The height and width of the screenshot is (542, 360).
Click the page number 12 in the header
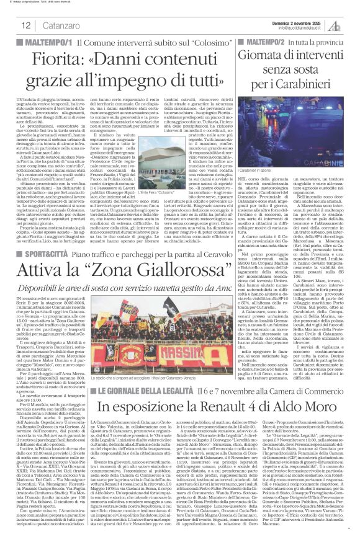27,25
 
